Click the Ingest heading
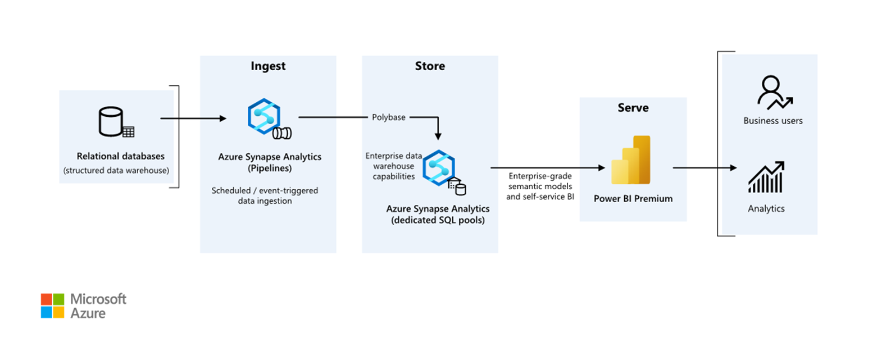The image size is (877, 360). point(268,66)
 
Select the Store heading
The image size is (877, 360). point(430,66)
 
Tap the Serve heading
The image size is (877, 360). point(633,108)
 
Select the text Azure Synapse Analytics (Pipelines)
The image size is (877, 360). point(270,162)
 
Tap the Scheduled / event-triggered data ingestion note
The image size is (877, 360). point(265,195)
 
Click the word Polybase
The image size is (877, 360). point(388,117)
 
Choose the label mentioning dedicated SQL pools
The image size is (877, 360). point(438,214)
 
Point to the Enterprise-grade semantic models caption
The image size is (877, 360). point(540,186)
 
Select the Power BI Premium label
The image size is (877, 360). point(633,198)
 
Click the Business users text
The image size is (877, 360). point(773,121)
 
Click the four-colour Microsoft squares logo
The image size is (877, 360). point(53,306)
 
